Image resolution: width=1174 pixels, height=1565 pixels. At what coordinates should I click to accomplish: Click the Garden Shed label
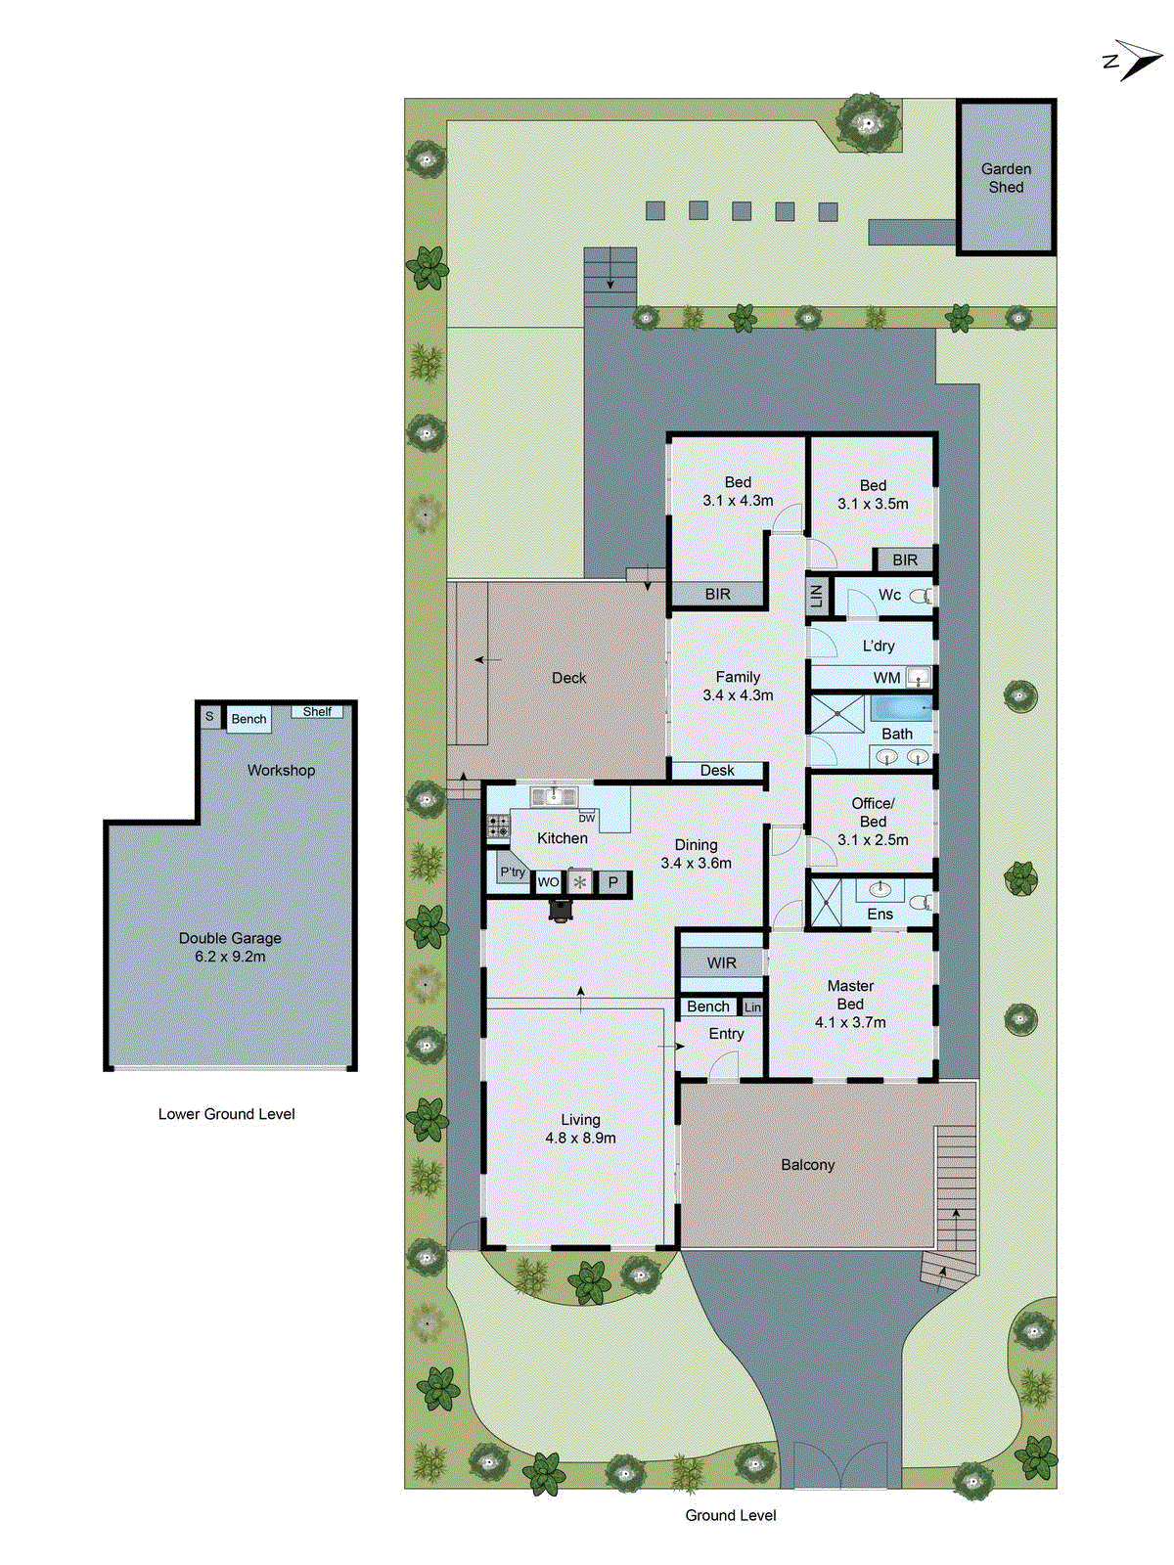(1006, 178)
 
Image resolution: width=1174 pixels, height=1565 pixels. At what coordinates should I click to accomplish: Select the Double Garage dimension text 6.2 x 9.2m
(230, 957)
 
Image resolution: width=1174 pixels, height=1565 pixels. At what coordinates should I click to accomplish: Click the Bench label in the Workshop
(248, 719)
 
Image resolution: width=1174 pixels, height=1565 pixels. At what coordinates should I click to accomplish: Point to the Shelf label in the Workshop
(317, 711)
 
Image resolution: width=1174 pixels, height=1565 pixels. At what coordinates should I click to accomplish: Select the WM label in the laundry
(886, 678)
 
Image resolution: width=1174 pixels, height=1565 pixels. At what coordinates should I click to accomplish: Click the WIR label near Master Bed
(722, 963)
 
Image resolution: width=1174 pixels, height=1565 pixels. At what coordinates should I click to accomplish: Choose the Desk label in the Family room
(717, 771)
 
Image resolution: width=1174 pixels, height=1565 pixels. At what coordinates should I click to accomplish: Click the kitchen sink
(554, 796)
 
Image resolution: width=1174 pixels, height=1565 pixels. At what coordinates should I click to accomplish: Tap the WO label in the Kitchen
(548, 882)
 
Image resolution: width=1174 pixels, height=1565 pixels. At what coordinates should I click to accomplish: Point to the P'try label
(513, 872)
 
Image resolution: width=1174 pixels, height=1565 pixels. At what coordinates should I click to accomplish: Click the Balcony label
(808, 1165)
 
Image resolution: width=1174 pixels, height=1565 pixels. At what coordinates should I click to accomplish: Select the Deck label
(568, 678)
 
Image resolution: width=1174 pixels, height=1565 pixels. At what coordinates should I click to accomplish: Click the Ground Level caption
(731, 1515)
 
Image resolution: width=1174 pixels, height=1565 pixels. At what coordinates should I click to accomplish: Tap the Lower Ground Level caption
(226, 1114)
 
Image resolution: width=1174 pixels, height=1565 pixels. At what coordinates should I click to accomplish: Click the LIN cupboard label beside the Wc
(817, 594)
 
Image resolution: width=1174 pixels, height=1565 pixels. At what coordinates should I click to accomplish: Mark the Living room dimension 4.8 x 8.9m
(580, 1139)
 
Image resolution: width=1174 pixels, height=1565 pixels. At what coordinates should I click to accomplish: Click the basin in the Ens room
(880, 889)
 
